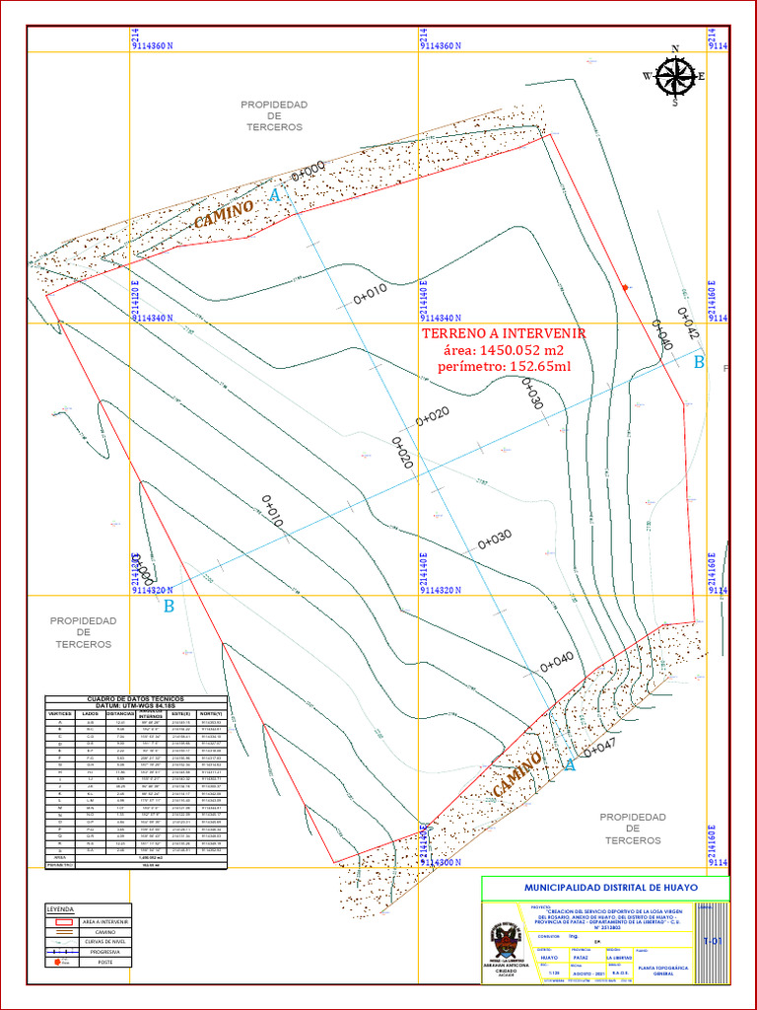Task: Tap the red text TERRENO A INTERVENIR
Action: (x=504, y=334)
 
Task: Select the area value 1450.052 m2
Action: (x=504, y=351)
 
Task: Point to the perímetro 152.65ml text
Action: (x=504, y=367)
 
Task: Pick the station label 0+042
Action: (x=687, y=324)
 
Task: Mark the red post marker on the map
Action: (x=625, y=287)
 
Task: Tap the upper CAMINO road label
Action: (x=224, y=214)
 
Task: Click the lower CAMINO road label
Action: (x=517, y=775)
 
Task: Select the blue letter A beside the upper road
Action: (x=275, y=196)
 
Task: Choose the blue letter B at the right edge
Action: (x=699, y=362)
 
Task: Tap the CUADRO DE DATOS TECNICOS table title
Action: (x=136, y=698)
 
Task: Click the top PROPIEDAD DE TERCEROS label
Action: (x=274, y=115)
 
